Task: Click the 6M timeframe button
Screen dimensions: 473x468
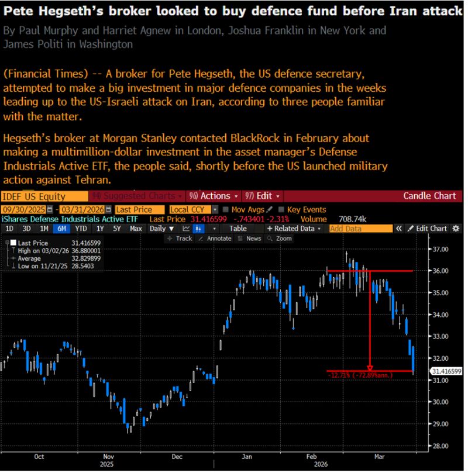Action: tap(61, 229)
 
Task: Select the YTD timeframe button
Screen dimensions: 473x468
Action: tap(82, 229)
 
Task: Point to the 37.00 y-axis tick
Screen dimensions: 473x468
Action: tap(440, 249)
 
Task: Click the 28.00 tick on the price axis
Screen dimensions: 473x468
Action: tap(440, 446)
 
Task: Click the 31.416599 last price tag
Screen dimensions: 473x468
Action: tap(446, 371)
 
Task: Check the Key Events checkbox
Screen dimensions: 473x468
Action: tap(281, 209)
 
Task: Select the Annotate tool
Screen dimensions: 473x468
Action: tap(216, 239)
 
